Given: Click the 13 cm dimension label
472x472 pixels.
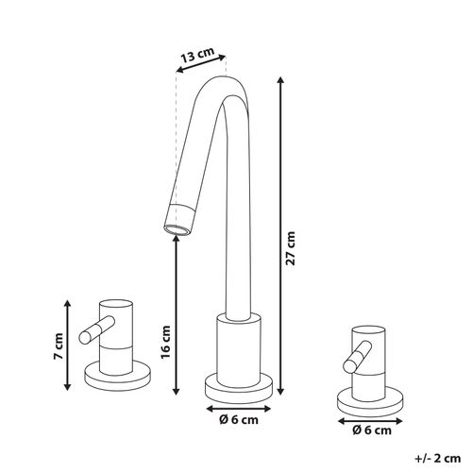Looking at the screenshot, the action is [197, 55].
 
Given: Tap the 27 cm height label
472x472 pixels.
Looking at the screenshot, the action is [291, 248].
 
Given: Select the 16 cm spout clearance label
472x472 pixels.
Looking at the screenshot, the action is [165, 342].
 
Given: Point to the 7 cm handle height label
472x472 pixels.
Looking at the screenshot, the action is [58, 346].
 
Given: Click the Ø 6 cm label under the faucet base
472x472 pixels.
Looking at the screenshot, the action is [239, 419].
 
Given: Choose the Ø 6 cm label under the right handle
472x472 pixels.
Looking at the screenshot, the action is [372, 430].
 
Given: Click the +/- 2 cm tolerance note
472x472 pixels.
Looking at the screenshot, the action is [438, 458].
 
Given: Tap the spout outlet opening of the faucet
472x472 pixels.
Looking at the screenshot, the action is [177, 229].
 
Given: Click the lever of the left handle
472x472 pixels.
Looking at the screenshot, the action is [97, 329].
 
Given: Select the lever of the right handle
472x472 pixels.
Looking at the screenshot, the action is [358, 357].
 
